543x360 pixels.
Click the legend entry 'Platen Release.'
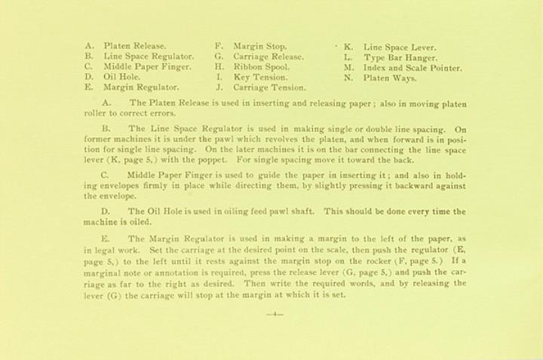pos(135,46)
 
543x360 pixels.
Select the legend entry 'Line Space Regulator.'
pos(149,57)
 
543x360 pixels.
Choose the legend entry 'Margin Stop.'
pos(259,46)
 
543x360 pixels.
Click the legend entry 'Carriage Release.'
pos(268,57)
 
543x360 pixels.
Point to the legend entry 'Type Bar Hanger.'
pos(400,57)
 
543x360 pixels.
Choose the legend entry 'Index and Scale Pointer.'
pos(413,67)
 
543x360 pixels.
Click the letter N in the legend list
pos(347,78)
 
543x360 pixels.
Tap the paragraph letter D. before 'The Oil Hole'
pos(106,212)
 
